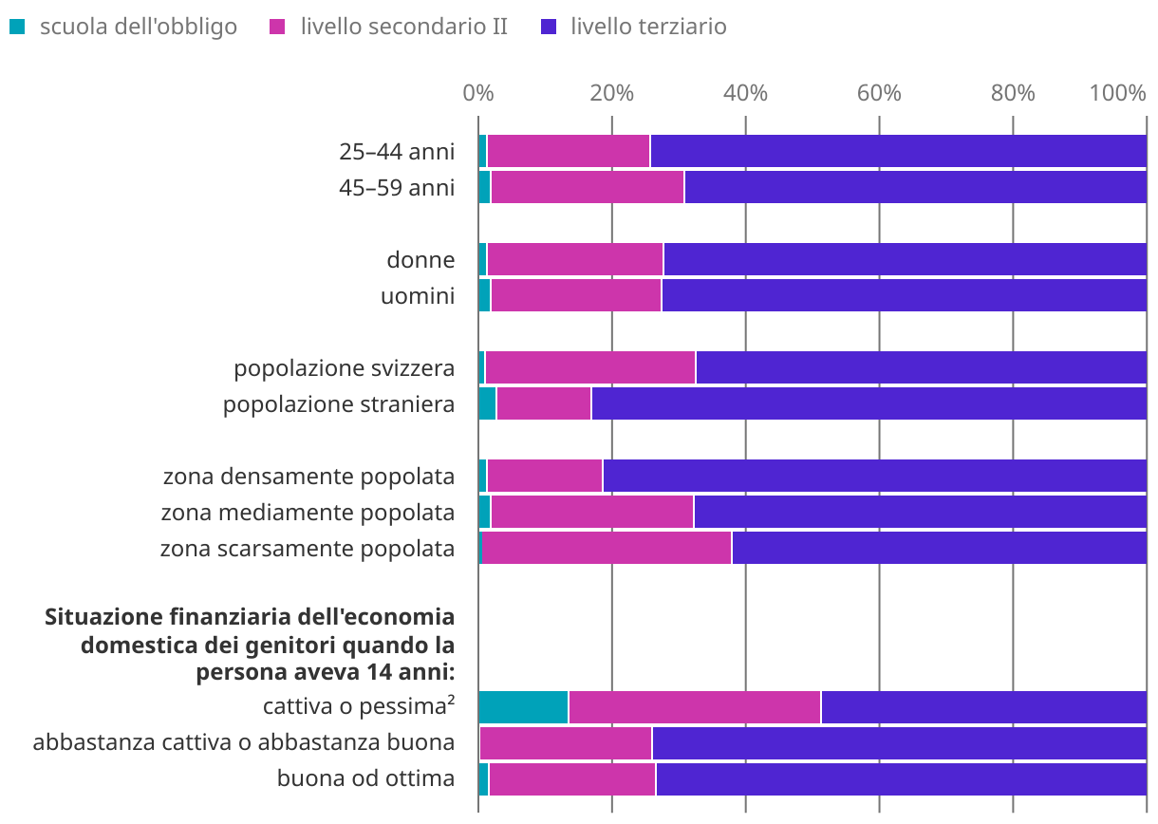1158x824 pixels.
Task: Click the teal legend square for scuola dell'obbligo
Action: [x=17, y=27]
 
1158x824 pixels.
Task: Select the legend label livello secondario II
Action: [x=403, y=27]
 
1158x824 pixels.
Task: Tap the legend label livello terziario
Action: [x=648, y=27]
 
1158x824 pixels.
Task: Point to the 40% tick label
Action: [x=745, y=93]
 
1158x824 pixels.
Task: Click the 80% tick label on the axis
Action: [x=1013, y=93]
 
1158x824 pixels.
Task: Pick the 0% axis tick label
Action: [x=477, y=93]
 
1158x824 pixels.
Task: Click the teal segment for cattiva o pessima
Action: [x=523, y=707]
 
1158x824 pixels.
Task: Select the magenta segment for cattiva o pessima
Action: [x=694, y=707]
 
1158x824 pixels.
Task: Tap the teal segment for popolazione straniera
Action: [x=487, y=403]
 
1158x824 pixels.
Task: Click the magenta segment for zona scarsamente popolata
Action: [x=607, y=548]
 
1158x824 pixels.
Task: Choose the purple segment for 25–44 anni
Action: [x=898, y=151]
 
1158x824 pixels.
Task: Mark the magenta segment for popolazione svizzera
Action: [x=589, y=367]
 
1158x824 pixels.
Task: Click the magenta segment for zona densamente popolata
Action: [x=545, y=476]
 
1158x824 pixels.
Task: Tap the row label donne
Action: [x=420, y=259]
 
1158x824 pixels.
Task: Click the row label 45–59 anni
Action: [x=397, y=187]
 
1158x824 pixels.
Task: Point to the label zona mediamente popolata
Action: [x=308, y=512]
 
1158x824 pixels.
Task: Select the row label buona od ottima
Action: [x=365, y=779]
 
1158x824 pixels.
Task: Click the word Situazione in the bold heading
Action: [x=102, y=617]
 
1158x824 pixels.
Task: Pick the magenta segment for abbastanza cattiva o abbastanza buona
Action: [x=566, y=743]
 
